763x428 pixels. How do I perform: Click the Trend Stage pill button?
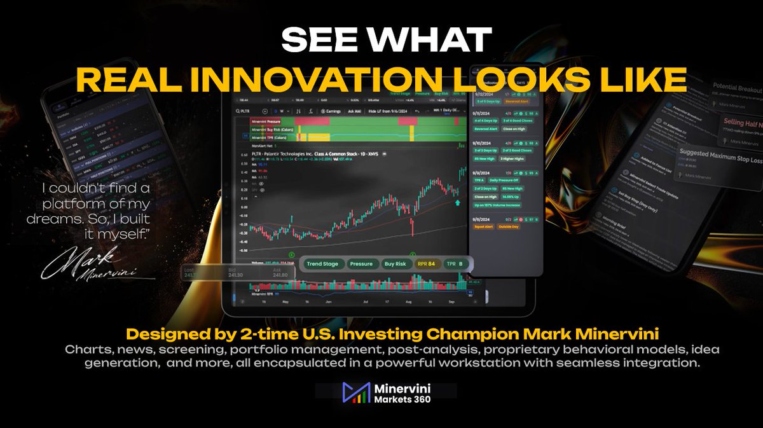[322, 263]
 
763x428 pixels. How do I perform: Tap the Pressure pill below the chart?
[361, 263]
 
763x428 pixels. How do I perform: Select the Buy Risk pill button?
[395, 263]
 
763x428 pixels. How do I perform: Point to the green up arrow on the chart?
[457, 202]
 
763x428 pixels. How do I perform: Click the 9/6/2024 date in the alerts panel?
[481, 217]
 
